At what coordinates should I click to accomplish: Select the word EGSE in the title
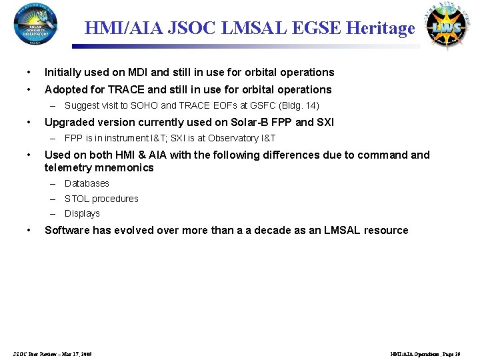pos(313,28)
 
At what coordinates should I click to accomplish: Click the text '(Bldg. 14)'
pos(297,105)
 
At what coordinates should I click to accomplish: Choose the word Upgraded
pos(68,122)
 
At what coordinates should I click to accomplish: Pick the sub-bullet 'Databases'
pos(87,183)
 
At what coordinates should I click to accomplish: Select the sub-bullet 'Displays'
pos(82,213)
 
